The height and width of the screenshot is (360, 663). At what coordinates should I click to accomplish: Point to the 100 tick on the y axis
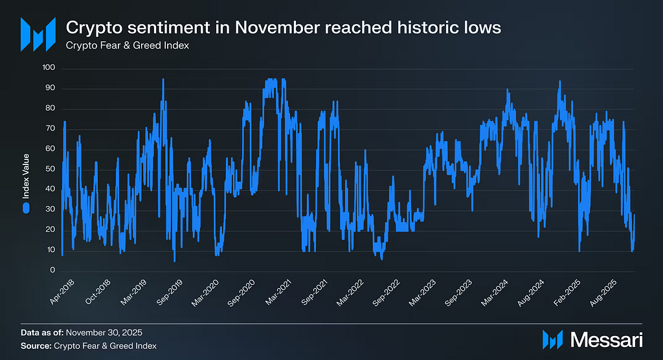coord(49,68)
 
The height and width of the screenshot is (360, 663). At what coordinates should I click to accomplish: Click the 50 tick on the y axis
coord(51,169)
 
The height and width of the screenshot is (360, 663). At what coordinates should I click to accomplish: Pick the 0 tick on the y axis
coord(53,271)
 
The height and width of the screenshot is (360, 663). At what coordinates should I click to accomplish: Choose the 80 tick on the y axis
coord(51,109)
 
